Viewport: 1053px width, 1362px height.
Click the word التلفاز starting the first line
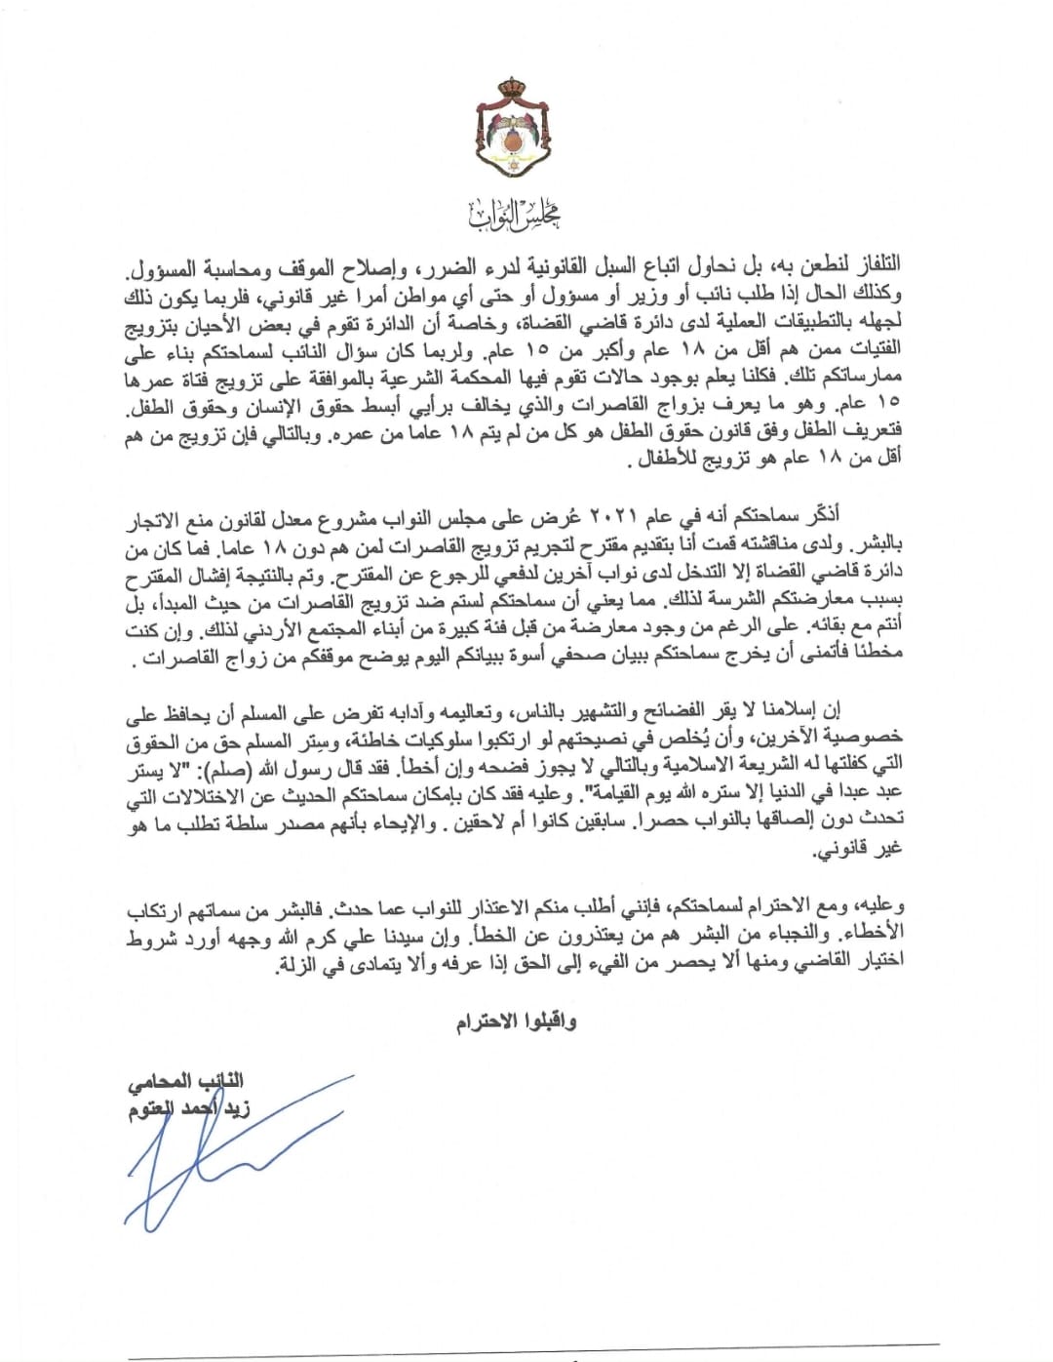(x=870, y=264)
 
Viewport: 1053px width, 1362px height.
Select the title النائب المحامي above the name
(x=185, y=1080)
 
